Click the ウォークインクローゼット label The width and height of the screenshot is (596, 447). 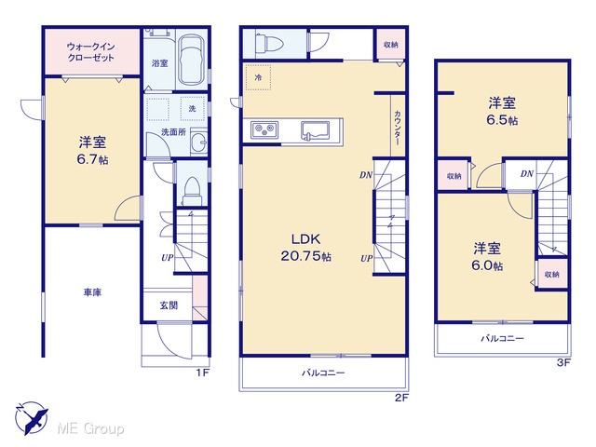(90, 52)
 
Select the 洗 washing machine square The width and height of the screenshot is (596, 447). (193, 108)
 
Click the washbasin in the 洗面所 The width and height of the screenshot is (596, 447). (198, 142)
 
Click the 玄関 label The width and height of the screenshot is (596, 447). (169, 305)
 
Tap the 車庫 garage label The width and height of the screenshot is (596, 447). (92, 292)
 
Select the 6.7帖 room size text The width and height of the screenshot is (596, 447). (92, 159)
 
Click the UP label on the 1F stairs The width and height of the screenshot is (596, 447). (168, 258)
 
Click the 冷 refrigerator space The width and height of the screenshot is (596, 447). (259, 77)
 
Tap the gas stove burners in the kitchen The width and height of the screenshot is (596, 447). (264, 129)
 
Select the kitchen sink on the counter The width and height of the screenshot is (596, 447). (315, 130)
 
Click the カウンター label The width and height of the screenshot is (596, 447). (398, 128)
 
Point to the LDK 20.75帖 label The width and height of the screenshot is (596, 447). (306, 248)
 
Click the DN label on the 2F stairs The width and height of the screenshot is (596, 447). (366, 175)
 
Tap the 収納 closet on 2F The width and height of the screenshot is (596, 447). (391, 45)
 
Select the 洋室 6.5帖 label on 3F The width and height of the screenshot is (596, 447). (502, 111)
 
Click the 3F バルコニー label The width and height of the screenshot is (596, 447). (502, 338)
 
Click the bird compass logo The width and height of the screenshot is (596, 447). (31, 418)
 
